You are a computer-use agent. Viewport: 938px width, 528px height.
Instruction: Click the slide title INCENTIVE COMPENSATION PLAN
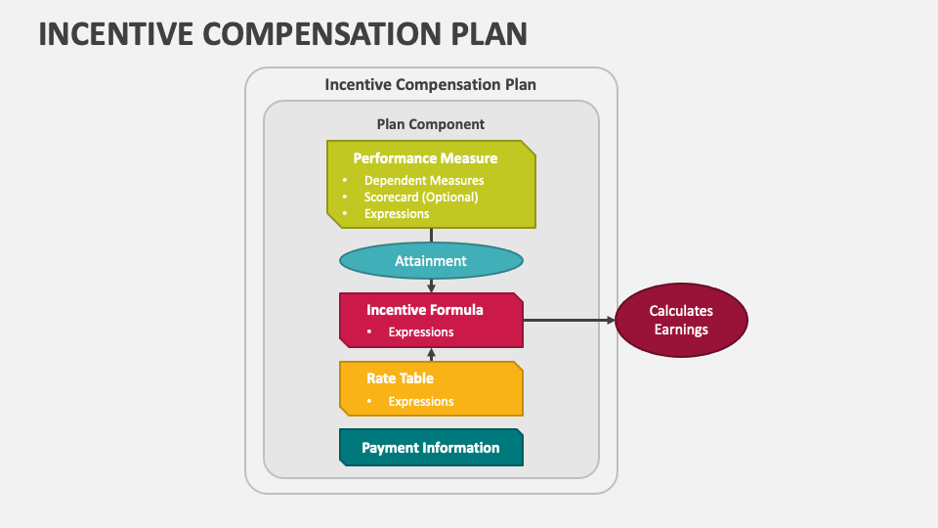click(282, 32)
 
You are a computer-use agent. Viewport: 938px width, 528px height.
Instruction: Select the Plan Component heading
click(431, 124)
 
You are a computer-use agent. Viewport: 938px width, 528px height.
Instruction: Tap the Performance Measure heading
click(425, 158)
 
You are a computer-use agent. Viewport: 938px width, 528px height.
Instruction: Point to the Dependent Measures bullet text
click(424, 180)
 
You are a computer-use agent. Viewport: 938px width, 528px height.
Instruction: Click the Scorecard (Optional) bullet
click(421, 197)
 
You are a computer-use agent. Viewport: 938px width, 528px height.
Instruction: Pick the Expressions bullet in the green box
click(397, 213)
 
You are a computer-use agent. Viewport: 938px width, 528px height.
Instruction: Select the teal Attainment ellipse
click(431, 261)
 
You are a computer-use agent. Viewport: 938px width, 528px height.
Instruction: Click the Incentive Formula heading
click(425, 310)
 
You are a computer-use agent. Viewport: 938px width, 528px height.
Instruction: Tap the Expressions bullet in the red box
click(421, 331)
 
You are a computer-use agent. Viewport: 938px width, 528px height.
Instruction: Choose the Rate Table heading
click(401, 378)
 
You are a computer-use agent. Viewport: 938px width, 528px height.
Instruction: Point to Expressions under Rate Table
click(421, 401)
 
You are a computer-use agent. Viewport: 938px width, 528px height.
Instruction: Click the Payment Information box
click(431, 448)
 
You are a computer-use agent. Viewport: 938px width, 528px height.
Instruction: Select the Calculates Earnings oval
click(681, 320)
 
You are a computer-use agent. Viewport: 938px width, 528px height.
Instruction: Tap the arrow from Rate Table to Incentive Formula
click(432, 355)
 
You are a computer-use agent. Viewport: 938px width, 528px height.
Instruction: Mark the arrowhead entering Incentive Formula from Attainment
click(432, 287)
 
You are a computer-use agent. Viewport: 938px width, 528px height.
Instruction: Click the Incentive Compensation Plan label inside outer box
click(431, 85)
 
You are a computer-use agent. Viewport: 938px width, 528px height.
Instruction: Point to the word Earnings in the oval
click(681, 330)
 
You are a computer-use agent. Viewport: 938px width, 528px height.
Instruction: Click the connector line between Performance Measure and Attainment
click(432, 236)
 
